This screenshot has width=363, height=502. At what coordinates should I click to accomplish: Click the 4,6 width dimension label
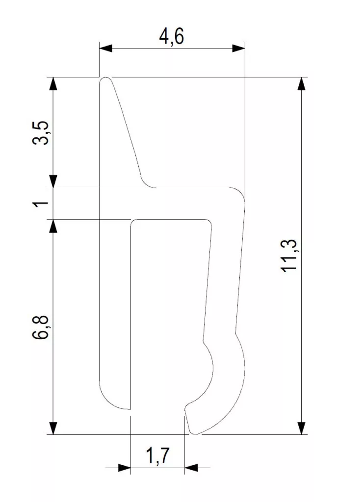pyautogui.click(x=171, y=36)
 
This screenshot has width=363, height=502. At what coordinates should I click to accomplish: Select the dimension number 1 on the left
pyautogui.click(x=42, y=203)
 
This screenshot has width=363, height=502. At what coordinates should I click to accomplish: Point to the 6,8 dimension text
pyautogui.click(x=41, y=327)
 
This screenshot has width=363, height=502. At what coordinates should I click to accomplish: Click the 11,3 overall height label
pyautogui.click(x=290, y=256)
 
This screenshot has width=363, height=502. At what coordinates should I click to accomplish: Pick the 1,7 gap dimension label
pyautogui.click(x=157, y=456)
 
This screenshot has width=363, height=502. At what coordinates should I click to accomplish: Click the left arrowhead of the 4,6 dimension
pyautogui.click(x=106, y=49)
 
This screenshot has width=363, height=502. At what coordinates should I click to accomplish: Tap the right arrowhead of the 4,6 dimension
pyautogui.click(x=238, y=49)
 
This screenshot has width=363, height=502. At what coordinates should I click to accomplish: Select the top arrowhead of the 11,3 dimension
pyautogui.click(x=301, y=84)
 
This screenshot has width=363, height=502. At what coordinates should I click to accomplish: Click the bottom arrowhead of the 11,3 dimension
pyautogui.click(x=301, y=427)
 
